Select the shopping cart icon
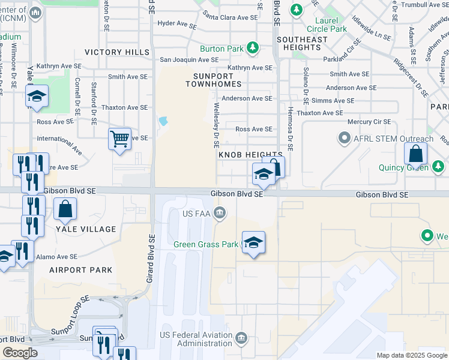point(119,139)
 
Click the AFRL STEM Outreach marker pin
point(344,139)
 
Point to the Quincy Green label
point(403,167)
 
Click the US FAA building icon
point(220,212)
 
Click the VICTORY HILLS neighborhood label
point(117,53)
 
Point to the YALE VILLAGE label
point(86,229)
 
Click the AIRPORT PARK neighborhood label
point(81,270)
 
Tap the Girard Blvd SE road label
point(151,257)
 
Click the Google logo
point(19,353)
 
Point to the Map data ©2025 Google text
point(411,355)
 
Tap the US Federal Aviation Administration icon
point(241,339)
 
